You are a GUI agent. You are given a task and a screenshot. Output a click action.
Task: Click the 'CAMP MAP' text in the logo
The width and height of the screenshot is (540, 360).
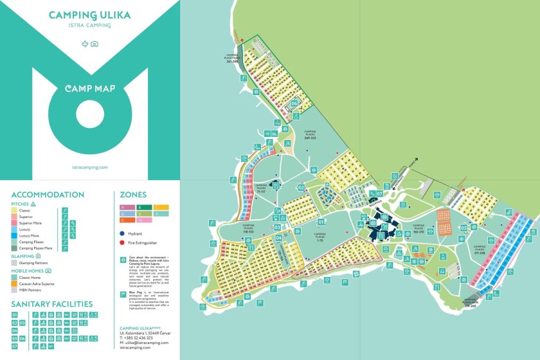89,88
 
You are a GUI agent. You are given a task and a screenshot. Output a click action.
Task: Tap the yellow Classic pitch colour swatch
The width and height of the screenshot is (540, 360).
15,210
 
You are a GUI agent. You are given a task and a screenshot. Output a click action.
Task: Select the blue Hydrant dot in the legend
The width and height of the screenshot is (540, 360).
122,234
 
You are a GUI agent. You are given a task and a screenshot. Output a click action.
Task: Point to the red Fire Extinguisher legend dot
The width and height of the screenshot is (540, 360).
122,243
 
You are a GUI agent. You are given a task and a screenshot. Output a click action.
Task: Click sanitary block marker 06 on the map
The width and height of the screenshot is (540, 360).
294,103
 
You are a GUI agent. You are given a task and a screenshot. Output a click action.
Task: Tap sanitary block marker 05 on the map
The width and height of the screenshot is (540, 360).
464,228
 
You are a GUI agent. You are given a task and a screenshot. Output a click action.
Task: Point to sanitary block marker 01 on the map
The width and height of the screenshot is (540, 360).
321,222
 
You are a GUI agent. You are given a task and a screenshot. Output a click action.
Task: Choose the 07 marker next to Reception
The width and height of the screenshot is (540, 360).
379,193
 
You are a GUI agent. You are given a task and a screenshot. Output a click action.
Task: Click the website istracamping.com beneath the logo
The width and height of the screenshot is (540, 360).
89,166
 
